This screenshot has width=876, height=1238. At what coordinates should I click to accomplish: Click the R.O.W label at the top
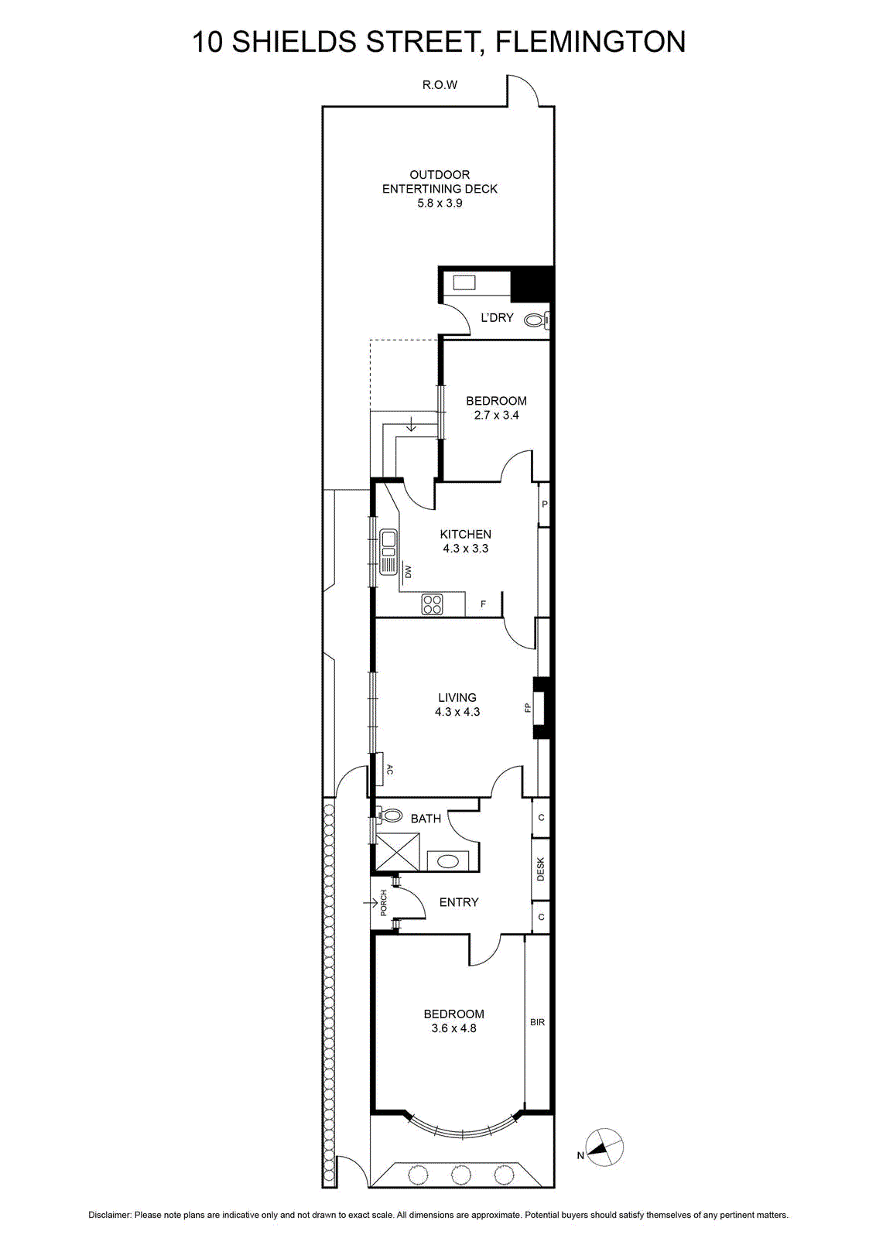440,85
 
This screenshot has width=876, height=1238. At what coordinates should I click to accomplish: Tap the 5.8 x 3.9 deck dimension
440,203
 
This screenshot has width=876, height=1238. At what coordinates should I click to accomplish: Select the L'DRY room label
497,318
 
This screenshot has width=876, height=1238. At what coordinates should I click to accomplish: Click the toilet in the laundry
536,320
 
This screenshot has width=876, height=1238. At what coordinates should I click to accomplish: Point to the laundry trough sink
464,283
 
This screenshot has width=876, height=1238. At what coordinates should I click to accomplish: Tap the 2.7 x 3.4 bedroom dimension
496,415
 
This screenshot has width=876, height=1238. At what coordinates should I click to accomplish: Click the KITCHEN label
465,535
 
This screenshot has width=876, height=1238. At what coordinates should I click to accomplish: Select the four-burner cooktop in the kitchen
432,604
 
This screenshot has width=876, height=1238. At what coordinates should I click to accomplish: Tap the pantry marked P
544,504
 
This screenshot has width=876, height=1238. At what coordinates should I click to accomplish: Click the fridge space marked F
483,604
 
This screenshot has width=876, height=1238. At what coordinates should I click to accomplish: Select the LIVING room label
457,697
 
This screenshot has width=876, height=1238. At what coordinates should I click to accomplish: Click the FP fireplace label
528,707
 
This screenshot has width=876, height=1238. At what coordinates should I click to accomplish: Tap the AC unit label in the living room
390,769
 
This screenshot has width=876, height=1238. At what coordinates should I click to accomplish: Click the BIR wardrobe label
537,1022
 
